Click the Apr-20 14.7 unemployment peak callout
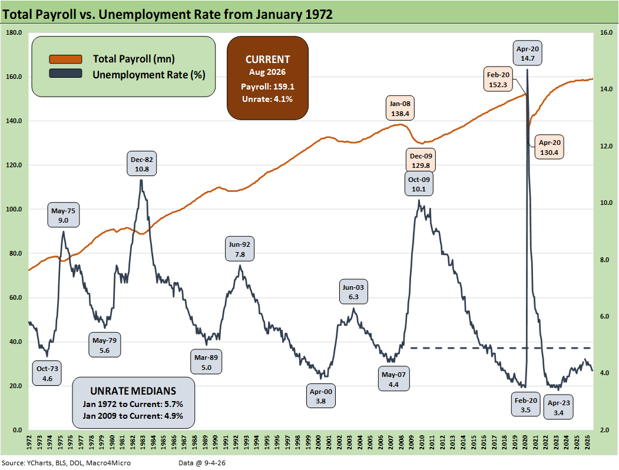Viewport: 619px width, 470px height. pyautogui.click(x=527, y=53)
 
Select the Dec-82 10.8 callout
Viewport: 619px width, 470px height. pyautogui.click(x=142, y=164)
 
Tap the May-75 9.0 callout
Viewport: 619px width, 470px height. pyautogui.click(x=63, y=215)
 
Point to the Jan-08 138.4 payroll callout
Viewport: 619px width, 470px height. pyautogui.click(x=400, y=108)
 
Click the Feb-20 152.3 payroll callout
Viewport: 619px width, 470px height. pyautogui.click(x=498, y=80)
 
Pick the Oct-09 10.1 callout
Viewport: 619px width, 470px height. pyautogui.click(x=419, y=184)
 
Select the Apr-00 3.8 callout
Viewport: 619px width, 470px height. pyautogui.click(x=320, y=396)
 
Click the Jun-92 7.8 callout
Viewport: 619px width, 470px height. pyautogui.click(x=240, y=249)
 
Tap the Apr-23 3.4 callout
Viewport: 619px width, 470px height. pyautogui.click(x=558, y=408)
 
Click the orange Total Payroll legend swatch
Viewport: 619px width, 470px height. pyautogui.click(x=65, y=59)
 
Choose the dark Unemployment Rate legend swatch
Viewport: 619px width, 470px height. pyautogui.click(x=65, y=74)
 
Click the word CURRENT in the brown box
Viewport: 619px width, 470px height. pyautogui.click(x=267, y=59)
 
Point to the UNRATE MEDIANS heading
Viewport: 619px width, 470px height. pyautogui.click(x=133, y=391)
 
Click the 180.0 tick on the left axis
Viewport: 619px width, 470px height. pyautogui.click(x=14, y=33)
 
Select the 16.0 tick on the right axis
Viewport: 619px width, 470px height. pyautogui.click(x=607, y=33)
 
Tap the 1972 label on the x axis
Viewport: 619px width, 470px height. pyautogui.click(x=29, y=442)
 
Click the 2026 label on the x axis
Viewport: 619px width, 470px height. pyautogui.click(x=587, y=442)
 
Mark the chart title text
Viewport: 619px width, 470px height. pyautogui.click(x=167, y=14)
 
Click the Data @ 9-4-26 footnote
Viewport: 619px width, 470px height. pyautogui.click(x=202, y=463)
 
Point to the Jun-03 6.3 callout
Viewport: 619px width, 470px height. pyautogui.click(x=353, y=292)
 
